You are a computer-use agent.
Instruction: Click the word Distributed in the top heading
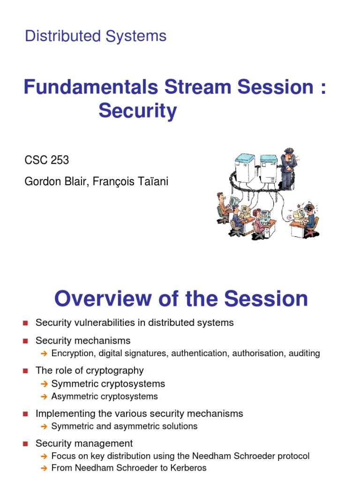(x=63, y=36)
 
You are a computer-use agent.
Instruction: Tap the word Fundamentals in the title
(x=91, y=87)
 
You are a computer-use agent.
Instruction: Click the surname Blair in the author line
(x=76, y=181)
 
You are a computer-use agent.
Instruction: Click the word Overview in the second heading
(x=103, y=299)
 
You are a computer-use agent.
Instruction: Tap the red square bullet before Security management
(x=25, y=443)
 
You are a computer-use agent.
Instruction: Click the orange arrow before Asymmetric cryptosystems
(x=44, y=397)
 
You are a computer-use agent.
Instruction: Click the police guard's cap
(x=289, y=151)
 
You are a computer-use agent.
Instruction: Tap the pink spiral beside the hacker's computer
(x=289, y=217)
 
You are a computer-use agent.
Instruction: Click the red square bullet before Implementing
(x=25, y=414)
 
